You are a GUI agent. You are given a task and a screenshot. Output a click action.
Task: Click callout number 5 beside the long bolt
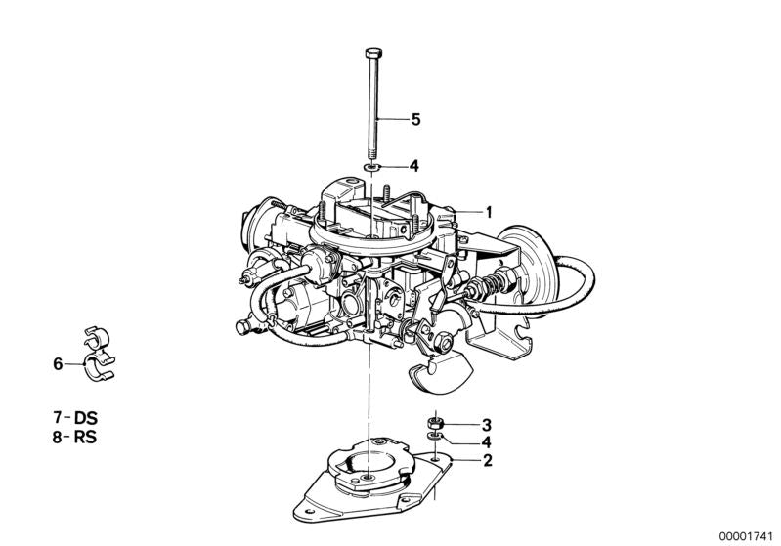pos(414,120)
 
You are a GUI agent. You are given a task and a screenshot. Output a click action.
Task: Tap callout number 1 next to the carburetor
pos(489,212)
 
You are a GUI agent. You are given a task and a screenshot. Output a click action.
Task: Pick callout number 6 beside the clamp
pos(58,364)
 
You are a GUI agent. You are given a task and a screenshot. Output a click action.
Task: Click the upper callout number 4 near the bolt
pos(414,166)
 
